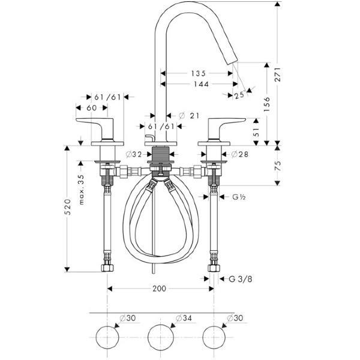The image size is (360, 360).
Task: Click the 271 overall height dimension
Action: point(278,74)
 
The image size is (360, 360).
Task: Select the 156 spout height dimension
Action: point(267,104)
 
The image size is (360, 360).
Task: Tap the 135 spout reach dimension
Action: point(199,73)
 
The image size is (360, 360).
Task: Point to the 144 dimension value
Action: point(201,84)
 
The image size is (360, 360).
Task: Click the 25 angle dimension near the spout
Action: point(239,95)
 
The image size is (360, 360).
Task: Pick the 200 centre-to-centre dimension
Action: point(160,289)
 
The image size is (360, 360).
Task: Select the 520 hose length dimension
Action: point(67,207)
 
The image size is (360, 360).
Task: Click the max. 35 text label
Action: point(81,190)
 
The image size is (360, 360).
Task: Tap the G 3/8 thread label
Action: point(241,279)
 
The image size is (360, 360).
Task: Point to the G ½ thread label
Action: point(239,197)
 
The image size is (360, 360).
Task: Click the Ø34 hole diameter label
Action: point(184,318)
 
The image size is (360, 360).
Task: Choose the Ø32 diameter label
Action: point(134,155)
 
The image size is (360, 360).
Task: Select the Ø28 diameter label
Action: point(239,154)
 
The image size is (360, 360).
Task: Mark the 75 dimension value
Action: point(278,166)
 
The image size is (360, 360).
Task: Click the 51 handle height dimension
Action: point(256,132)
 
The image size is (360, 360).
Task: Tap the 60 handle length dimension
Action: point(92,107)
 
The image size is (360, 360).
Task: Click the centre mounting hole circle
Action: point(161,337)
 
